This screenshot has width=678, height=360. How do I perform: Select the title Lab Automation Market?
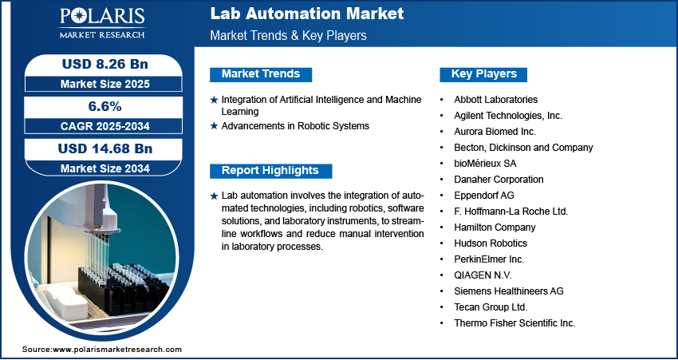click(307, 14)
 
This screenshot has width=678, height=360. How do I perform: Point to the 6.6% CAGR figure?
click(104, 106)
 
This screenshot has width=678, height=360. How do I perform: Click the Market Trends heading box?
click(261, 74)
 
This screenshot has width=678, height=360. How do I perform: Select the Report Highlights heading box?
click(270, 170)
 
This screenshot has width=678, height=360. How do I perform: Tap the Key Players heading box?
click(484, 74)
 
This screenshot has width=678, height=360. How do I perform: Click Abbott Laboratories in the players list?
click(495, 100)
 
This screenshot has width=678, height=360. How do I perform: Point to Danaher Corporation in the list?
click(499, 180)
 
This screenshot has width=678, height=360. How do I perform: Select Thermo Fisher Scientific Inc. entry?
click(514, 323)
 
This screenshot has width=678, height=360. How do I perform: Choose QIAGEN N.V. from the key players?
click(482, 275)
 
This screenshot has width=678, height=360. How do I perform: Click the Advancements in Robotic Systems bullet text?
click(295, 126)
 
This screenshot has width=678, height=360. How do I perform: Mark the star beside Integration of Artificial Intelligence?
click(214, 100)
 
